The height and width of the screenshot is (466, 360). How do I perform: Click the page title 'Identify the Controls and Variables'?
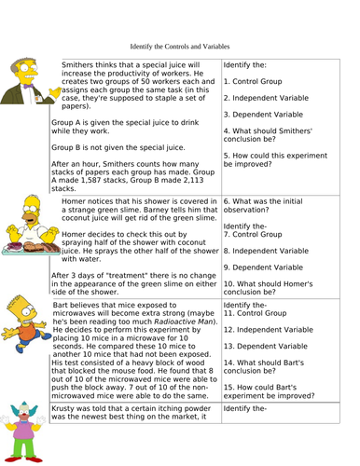point(179,45)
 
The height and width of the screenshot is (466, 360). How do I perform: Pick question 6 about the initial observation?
point(275,204)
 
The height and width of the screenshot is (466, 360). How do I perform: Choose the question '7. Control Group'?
point(256,235)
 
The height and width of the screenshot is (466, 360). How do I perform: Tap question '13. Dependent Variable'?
point(270,348)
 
